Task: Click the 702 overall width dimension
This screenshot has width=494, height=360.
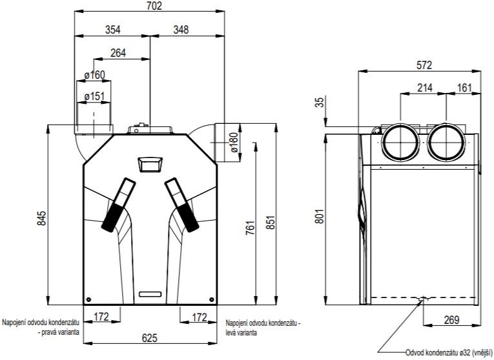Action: pyautogui.click(x=154, y=6)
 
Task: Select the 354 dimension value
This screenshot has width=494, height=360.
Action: pyautogui.click(x=113, y=30)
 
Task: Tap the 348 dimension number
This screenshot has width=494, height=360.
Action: pyautogui.click(x=181, y=30)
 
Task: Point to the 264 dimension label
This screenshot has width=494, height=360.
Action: pyautogui.click(x=118, y=53)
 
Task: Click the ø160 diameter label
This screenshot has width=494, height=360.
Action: pyautogui.click(x=94, y=75)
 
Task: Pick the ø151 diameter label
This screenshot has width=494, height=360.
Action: pyautogui.click(x=94, y=96)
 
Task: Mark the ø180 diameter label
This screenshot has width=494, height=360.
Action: pyautogui.click(x=234, y=143)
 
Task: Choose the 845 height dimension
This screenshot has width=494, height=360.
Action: pyautogui.click(x=42, y=219)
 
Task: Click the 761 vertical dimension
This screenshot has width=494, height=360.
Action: pyautogui.click(x=250, y=228)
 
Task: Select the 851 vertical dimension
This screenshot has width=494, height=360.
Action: pyautogui.click(x=271, y=223)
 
